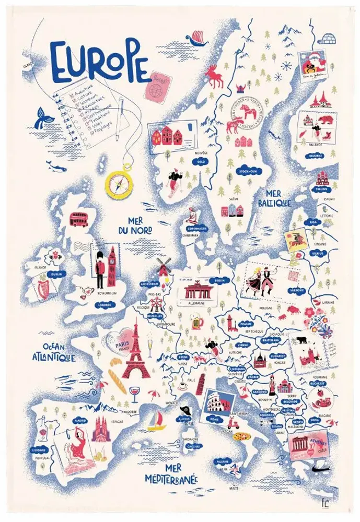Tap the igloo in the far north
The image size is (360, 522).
click(x=324, y=38)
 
